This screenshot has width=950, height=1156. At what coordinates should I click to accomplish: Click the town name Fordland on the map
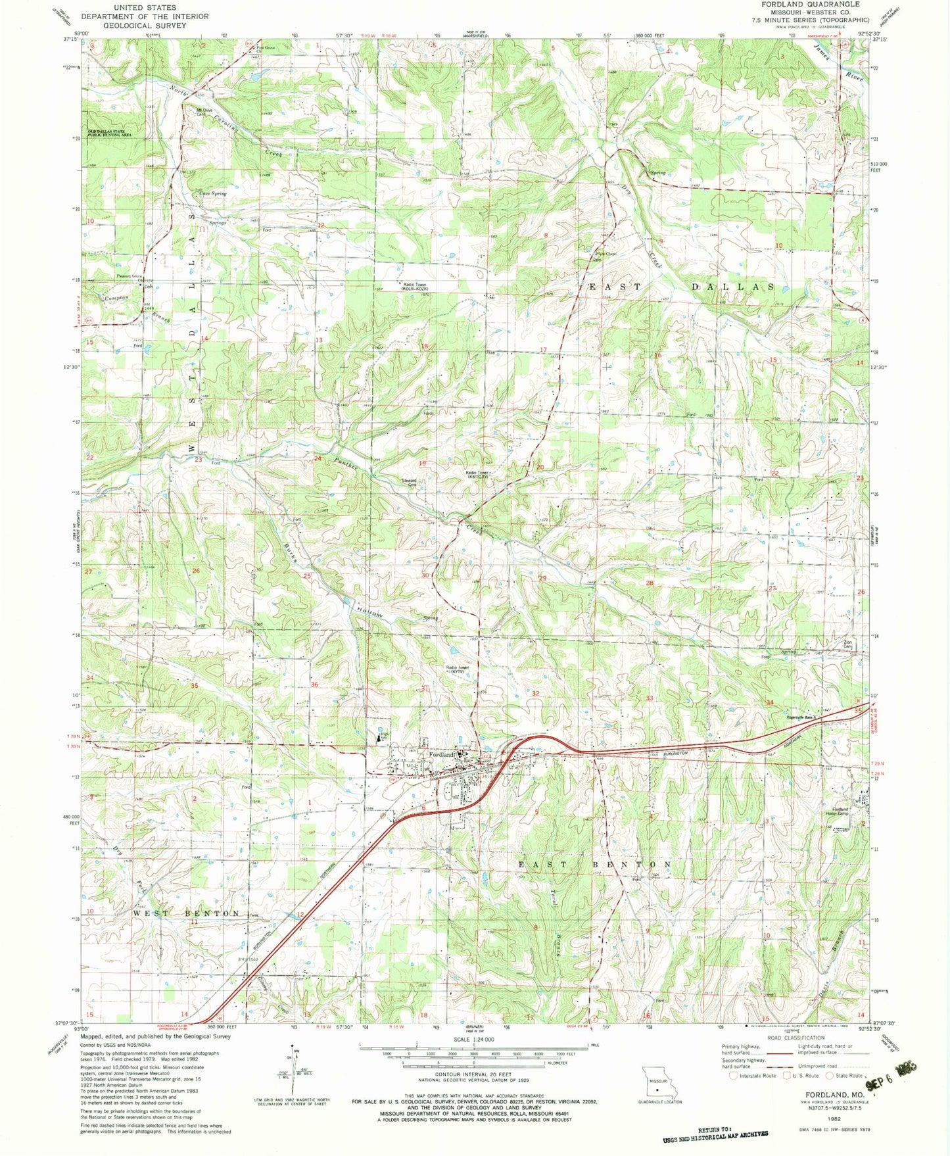point(442,755)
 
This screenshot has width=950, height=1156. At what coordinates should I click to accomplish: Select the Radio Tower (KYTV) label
point(458,669)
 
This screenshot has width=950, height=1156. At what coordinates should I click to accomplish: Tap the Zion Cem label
point(847,646)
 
